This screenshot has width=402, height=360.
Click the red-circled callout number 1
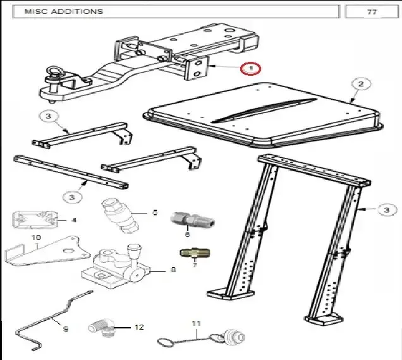click(x=250, y=68)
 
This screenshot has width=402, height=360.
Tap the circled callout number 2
click(x=361, y=84)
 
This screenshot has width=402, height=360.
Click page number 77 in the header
click(x=372, y=12)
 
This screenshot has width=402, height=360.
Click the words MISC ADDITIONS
click(x=64, y=11)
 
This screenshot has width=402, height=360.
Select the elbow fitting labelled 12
click(x=100, y=328)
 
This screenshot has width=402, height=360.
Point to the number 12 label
click(x=139, y=327)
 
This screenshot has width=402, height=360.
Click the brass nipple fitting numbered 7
click(x=195, y=253)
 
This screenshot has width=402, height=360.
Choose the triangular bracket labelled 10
click(x=47, y=251)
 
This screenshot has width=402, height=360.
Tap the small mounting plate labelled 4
click(x=35, y=220)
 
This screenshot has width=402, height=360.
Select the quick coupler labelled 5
click(x=120, y=216)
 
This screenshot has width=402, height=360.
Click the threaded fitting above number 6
click(x=192, y=220)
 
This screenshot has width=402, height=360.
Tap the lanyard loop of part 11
click(x=165, y=342)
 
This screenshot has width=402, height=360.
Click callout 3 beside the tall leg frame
click(x=387, y=210)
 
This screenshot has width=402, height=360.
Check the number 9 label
click(x=66, y=329)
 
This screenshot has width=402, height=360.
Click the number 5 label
click(x=155, y=212)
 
